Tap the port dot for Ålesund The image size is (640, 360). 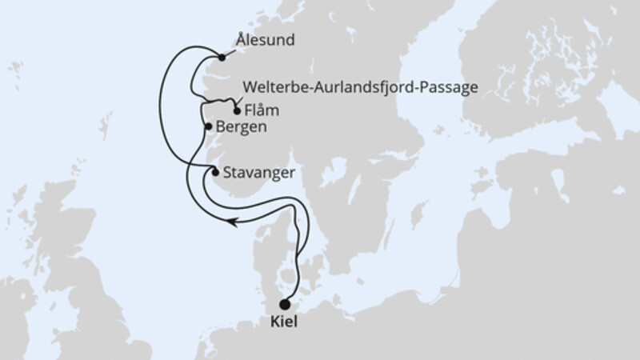click(222, 57)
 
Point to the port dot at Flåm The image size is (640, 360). click(236, 111)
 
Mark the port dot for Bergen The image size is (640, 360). click(208, 126)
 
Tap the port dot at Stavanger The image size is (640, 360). click(214, 171)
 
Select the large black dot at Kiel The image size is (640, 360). click(285, 304)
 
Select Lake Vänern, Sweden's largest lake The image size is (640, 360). click(336, 173)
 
